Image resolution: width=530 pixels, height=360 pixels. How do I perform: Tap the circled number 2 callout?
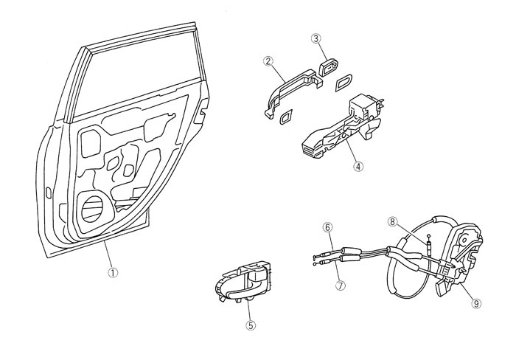tap(268, 61)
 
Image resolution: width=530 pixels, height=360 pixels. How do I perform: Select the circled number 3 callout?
tap(315, 38)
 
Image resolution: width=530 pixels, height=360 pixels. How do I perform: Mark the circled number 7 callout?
tap(340, 284)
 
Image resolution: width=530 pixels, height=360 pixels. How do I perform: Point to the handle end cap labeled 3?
tap(327, 69)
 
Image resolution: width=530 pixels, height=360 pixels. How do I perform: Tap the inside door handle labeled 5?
tap(243, 285)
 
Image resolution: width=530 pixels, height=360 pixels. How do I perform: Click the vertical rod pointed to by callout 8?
tap(427, 244)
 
